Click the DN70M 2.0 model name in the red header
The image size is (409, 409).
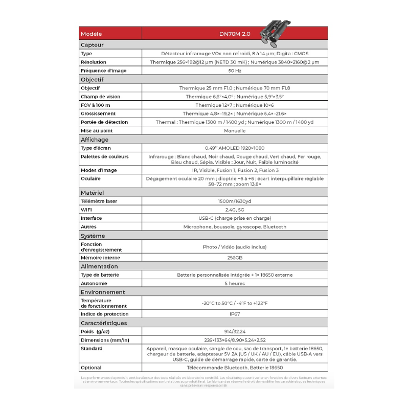tap(235, 34)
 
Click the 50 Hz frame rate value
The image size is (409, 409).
tap(235, 71)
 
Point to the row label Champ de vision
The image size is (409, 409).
tap(100, 97)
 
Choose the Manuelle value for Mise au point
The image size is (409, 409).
tap(235, 131)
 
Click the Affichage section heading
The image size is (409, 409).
tap(95, 140)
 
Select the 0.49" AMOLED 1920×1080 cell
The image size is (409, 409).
tap(235, 148)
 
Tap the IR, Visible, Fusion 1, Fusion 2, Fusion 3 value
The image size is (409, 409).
tap(235, 170)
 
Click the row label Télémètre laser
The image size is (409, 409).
tap(99, 201)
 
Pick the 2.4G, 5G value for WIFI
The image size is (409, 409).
tap(235, 210)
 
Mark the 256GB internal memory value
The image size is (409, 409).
tap(235, 258)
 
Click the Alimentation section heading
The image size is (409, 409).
tap(99, 266)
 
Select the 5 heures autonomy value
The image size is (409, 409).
tap(235, 283)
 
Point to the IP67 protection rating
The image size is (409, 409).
tap(235, 314)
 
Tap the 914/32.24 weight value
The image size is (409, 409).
tap(235, 331)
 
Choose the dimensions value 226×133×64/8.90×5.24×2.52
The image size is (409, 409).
tap(235, 340)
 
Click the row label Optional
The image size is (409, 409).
tap(91, 368)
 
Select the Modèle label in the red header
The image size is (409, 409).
tap(92, 34)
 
